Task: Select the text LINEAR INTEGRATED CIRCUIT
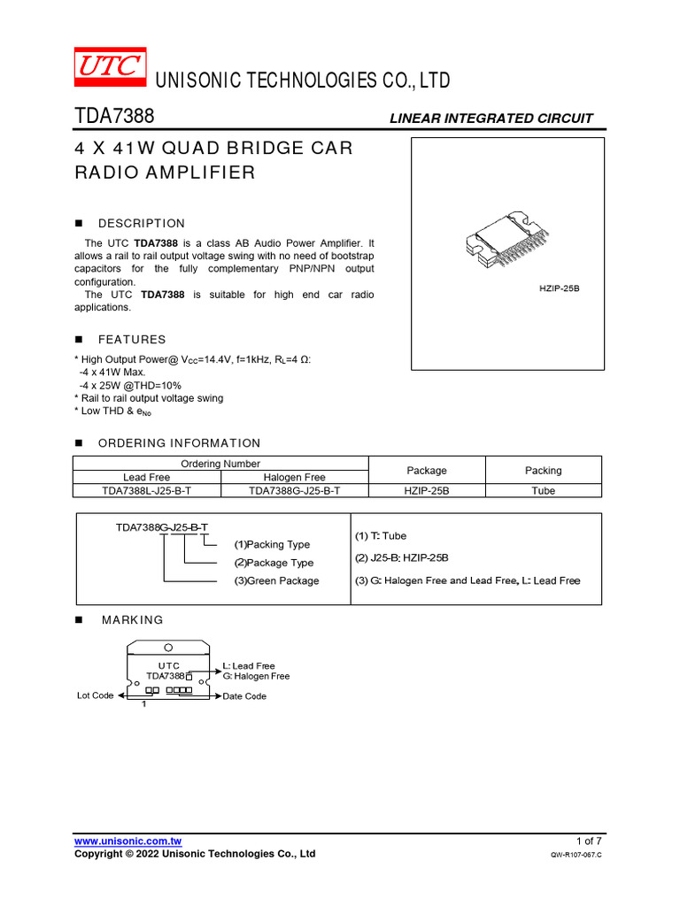(491, 119)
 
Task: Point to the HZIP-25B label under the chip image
(560, 289)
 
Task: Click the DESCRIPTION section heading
(142, 224)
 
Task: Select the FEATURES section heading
(132, 340)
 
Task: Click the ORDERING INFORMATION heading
(179, 443)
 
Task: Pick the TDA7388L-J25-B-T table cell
(147, 491)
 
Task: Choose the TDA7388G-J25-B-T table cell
(295, 491)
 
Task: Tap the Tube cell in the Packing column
(544, 491)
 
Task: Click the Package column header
(427, 471)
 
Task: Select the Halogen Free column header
(295, 477)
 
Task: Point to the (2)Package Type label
(274, 563)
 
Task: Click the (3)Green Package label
(276, 581)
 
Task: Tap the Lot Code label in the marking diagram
(96, 695)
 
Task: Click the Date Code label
(244, 696)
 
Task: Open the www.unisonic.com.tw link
(128, 841)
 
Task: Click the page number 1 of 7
(588, 841)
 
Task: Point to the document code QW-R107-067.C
(576, 856)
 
